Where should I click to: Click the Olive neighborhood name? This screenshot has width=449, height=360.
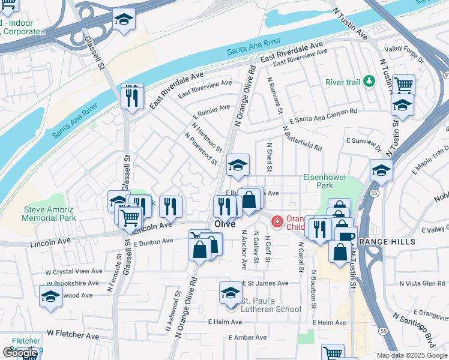click(224, 224)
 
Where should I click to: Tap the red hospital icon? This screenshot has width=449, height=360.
click(277, 222)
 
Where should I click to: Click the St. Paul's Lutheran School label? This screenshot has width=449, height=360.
click(271, 305)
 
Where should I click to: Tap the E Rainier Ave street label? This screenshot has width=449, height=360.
click(211, 112)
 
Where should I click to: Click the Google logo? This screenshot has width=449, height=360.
click(20, 353)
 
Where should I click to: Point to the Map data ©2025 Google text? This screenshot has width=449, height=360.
click(411, 355)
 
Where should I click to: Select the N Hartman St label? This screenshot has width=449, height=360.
click(207, 137)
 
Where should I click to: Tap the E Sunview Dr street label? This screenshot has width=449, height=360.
click(364, 143)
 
